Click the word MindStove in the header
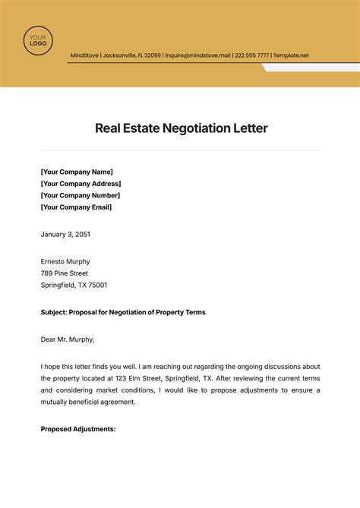(x=84, y=55)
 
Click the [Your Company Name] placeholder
(x=77, y=172)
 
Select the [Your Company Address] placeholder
(x=81, y=184)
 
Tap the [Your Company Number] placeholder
(x=81, y=195)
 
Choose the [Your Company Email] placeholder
(x=76, y=207)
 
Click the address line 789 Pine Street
(x=65, y=273)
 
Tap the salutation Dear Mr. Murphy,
(x=68, y=339)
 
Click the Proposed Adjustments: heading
(x=78, y=429)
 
